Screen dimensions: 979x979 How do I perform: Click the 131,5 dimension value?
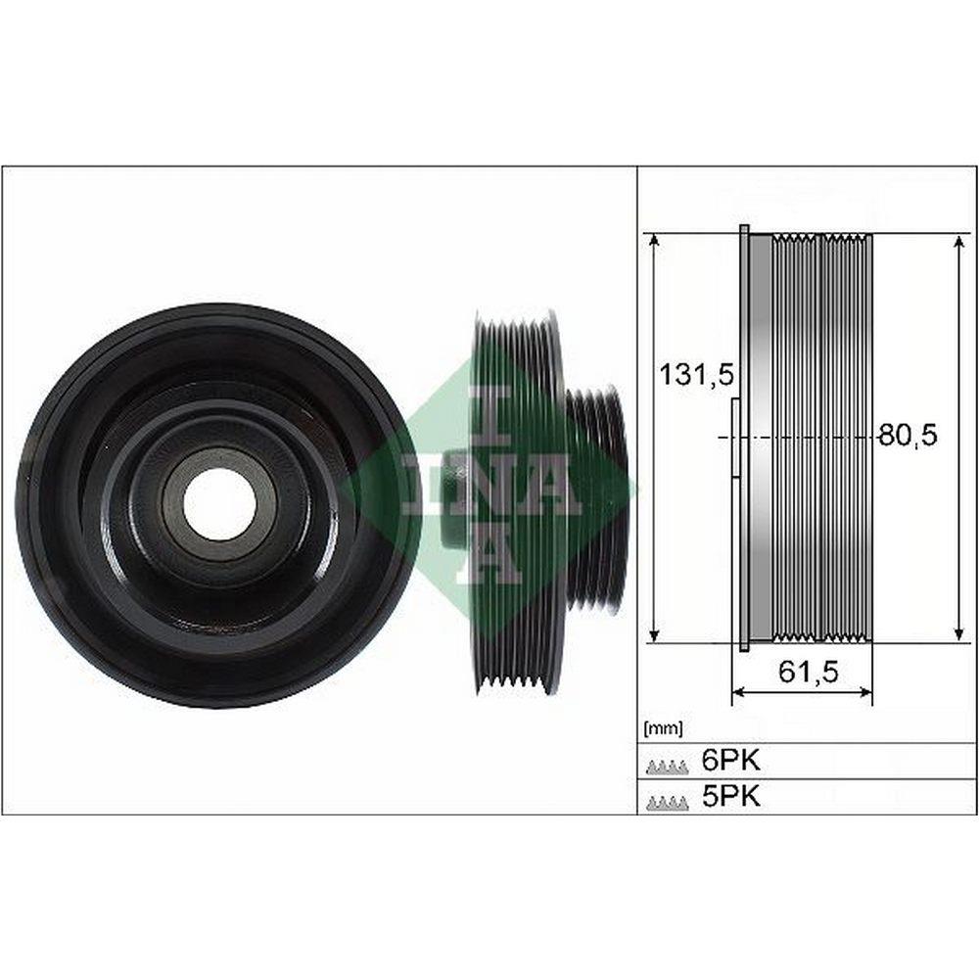[697, 375]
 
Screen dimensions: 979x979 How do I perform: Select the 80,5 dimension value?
[909, 436]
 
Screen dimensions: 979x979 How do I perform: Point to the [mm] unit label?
[663, 728]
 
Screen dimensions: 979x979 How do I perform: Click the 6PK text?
[731, 761]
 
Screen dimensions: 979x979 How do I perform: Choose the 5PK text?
[731, 796]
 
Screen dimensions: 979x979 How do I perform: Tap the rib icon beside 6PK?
[668, 766]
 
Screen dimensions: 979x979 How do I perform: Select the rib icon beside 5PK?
[668, 802]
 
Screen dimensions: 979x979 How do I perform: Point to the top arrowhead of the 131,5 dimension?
[654, 241]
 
